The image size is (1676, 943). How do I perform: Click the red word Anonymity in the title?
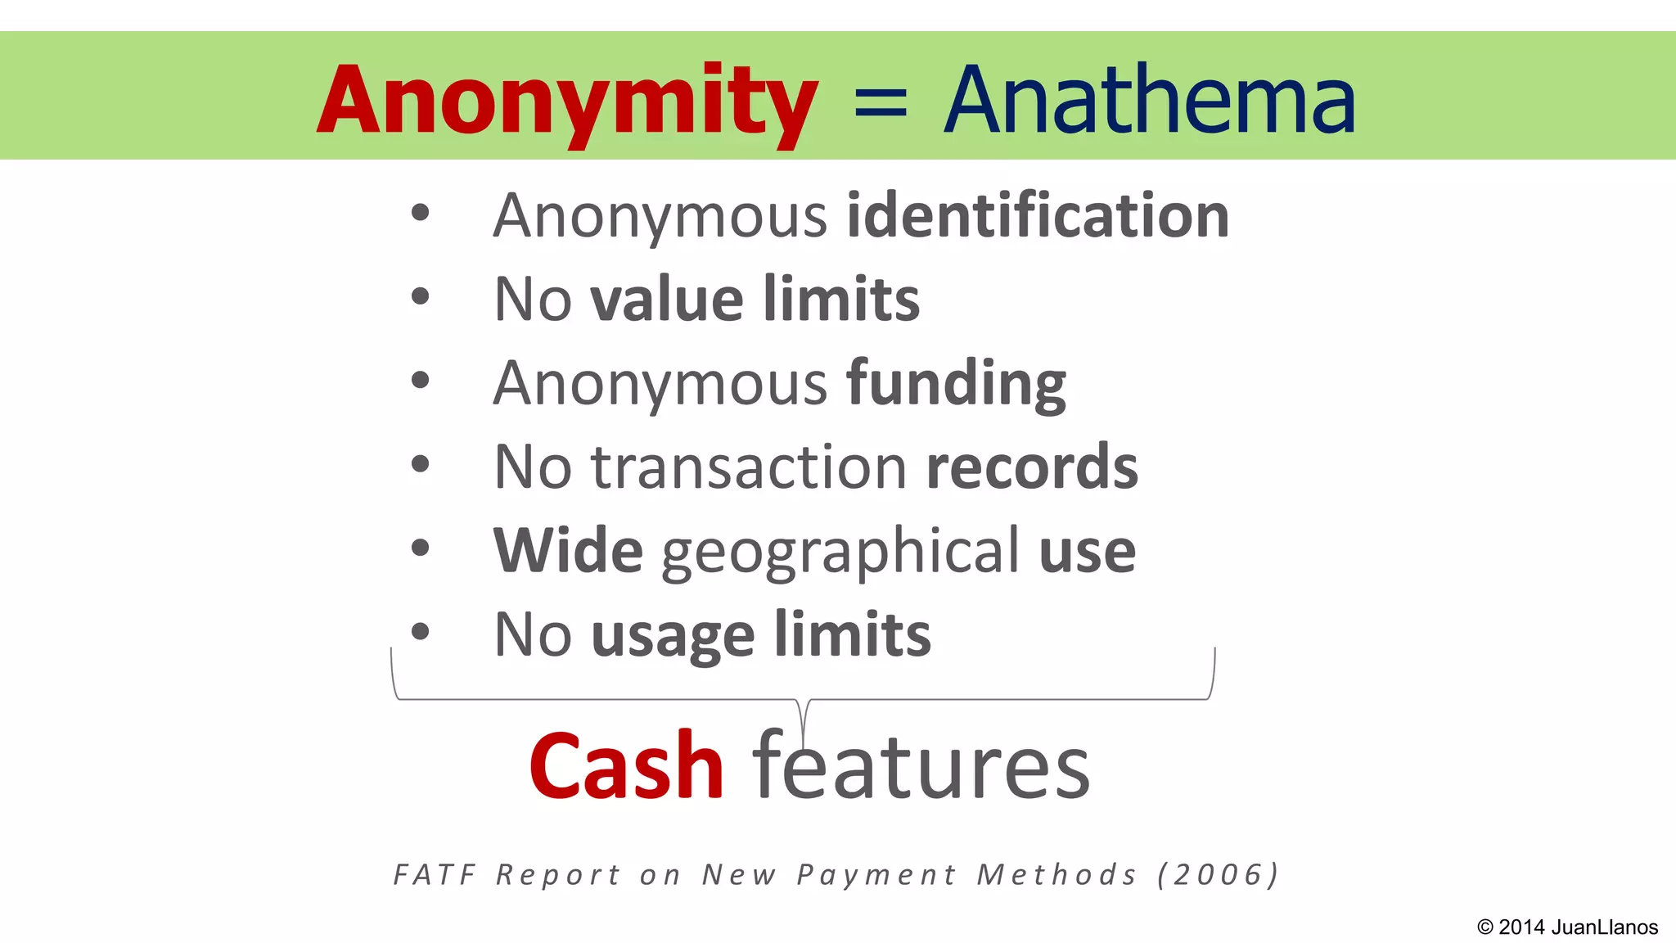[567, 102]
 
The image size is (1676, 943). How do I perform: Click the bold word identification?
[1037, 215]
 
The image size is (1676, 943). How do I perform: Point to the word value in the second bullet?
[667, 299]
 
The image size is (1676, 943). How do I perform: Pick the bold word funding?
[956, 383]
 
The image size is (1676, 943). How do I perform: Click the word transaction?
[749, 467]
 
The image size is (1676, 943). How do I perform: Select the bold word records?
[1031, 467]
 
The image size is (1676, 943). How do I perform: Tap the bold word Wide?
[568, 550]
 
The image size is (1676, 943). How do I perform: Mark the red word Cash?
[626, 766]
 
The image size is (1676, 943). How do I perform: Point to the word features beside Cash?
[921, 766]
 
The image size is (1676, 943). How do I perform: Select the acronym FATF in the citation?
[435, 875]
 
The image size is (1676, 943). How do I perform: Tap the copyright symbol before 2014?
[1485, 927]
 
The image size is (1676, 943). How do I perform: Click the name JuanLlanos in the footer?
[1604, 927]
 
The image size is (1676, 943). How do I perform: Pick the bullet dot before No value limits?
[420, 296]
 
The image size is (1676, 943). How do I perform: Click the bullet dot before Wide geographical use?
[420, 548]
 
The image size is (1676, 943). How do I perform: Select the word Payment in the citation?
[876, 875]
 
